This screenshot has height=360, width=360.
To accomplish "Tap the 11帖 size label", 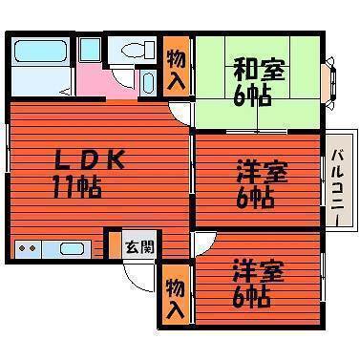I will (x=76, y=184).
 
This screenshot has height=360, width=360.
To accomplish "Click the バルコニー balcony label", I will (x=337, y=187).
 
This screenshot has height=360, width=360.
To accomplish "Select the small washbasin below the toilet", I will (x=147, y=81).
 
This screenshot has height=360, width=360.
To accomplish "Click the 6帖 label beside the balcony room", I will (x=255, y=199).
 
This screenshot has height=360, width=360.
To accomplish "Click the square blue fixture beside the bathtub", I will (x=90, y=50).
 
